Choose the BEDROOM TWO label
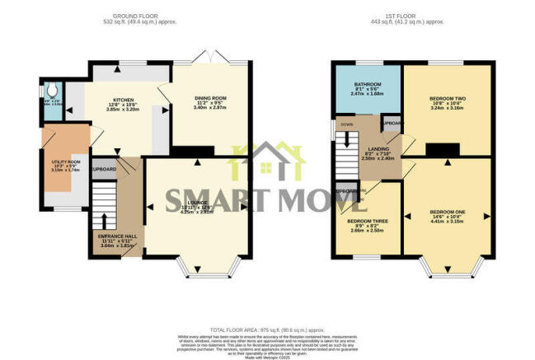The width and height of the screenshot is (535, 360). coord(447,99)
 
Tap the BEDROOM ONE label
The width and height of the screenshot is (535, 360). coord(447,212)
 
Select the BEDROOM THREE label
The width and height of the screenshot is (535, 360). coord(368,222)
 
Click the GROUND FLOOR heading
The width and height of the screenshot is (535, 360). coord(137,15)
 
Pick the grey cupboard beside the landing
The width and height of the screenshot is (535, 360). coord(391,124)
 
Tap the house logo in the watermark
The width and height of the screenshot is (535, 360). coord(266,163)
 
